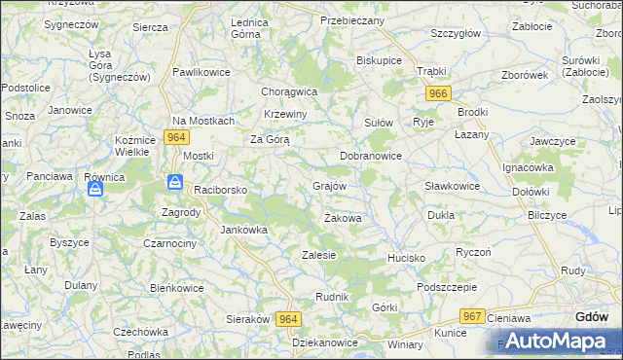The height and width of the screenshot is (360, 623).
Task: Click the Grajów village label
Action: point(329,185)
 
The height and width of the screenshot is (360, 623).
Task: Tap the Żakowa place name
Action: point(343,218)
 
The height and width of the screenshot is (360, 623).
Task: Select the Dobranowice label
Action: point(370,156)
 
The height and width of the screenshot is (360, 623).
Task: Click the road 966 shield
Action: point(438,93)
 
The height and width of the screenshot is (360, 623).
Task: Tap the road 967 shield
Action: point(473,316)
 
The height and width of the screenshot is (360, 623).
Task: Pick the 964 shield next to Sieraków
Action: point(288,319)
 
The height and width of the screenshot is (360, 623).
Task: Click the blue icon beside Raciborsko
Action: point(174,182)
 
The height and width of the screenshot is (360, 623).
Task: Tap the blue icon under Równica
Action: point(95,189)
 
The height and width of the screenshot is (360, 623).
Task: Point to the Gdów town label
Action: point(592,316)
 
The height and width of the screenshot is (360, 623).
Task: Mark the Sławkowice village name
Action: point(452,186)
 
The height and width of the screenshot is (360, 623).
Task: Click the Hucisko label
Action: point(406,258)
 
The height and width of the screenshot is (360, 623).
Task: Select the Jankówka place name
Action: point(243,230)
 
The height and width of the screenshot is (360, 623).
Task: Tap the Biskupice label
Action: point(380,60)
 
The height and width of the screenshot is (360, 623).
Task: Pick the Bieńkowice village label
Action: point(176,288)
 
